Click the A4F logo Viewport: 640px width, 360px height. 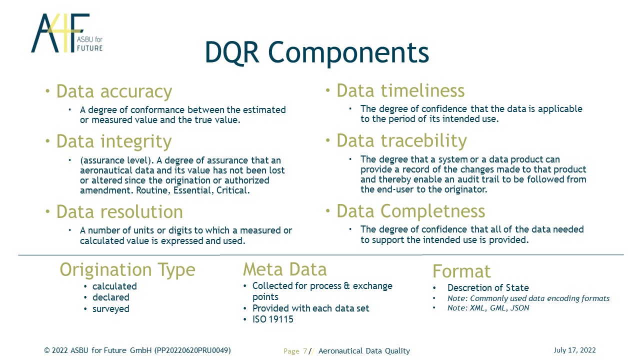(67, 33)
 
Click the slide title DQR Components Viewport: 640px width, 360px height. (317, 52)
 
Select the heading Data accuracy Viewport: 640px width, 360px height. (114, 91)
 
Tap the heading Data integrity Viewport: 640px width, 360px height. (114, 141)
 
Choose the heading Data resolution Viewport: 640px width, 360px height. (119, 211)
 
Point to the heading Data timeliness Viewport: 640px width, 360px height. (400, 90)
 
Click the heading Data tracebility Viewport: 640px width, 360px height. (401, 140)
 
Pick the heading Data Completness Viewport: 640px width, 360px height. (411, 211)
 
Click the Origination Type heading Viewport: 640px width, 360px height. (127, 270)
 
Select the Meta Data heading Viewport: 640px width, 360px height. (285, 269)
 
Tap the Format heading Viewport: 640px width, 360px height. (461, 271)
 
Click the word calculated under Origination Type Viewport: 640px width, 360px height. (114, 286)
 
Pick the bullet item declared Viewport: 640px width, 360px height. (111, 297)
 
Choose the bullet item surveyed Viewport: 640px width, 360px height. (111, 309)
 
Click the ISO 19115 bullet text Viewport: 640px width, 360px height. (273, 319)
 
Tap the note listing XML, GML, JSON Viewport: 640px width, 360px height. (488, 307)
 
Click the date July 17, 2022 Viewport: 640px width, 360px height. (575, 350)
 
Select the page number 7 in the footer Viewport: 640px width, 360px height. (305, 351)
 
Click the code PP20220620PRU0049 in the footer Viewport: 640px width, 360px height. (192, 350)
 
